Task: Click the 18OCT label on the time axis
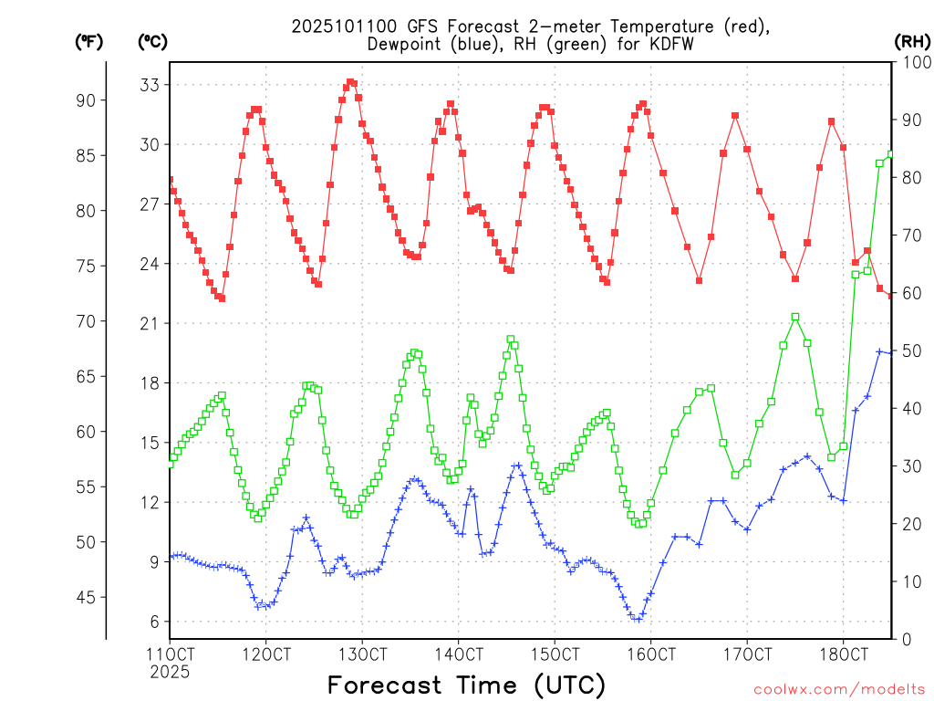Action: coord(843,654)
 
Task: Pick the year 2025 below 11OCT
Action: coord(170,672)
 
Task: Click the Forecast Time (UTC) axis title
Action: coord(466,685)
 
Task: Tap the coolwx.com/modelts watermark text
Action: coord(839,688)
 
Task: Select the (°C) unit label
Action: coord(152,41)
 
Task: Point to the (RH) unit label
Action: coord(911,41)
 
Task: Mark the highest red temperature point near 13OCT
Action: coord(350,82)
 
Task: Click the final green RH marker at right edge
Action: coord(891,154)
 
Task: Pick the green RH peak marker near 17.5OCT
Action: coord(795,317)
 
